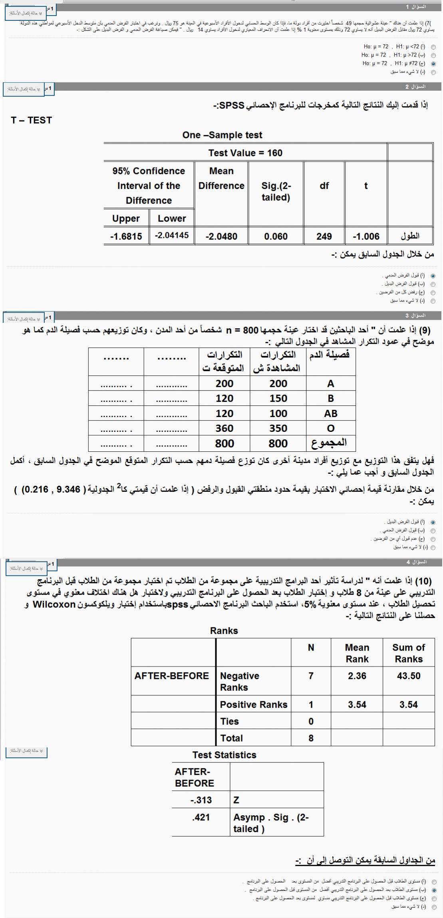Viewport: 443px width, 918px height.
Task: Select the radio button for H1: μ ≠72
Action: point(433,64)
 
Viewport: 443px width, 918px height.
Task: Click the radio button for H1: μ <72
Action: point(433,47)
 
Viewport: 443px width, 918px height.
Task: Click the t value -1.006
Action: point(366,236)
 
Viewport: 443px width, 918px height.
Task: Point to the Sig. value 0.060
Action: point(276,236)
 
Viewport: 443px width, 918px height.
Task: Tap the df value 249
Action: point(324,236)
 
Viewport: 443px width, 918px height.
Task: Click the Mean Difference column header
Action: point(221,178)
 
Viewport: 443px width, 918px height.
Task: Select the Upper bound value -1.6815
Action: point(126,236)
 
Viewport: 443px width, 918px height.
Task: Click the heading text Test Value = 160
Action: point(245,153)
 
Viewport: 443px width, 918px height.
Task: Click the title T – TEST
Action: point(32,120)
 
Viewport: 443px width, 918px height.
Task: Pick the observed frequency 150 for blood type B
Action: point(278,398)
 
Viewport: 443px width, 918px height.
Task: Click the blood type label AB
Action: point(330,413)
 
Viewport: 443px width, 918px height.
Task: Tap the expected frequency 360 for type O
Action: point(224,428)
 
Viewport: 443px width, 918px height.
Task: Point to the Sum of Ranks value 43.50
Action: point(408,676)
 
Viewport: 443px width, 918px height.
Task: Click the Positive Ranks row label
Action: point(254,704)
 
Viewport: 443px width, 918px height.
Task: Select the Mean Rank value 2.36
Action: point(357,676)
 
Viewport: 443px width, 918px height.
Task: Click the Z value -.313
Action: point(201,800)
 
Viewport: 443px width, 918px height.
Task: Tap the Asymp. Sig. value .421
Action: point(201,817)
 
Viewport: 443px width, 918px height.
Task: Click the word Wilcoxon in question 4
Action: point(54,604)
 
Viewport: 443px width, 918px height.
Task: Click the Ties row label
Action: point(229,721)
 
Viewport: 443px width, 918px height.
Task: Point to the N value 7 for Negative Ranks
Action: point(311,676)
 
